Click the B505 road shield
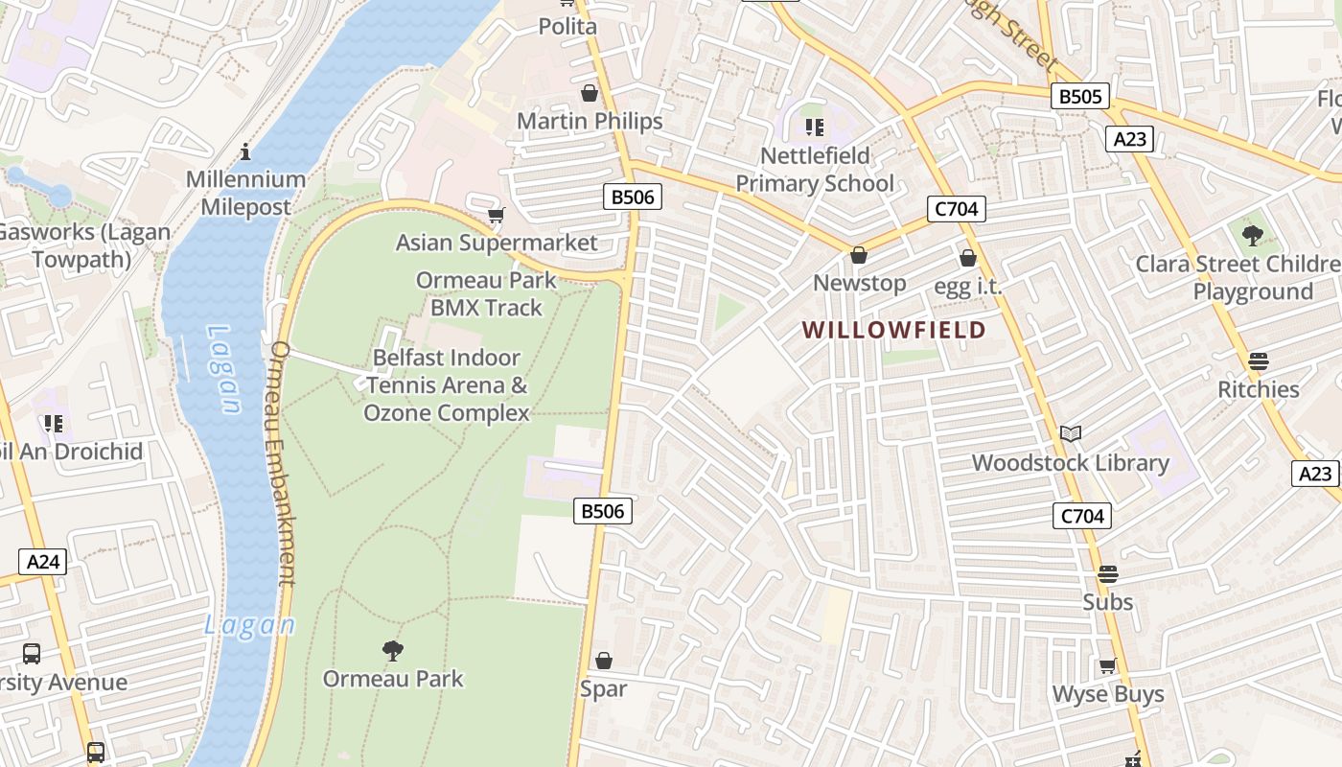point(1080,96)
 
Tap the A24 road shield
point(43,562)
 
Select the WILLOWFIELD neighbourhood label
point(893,330)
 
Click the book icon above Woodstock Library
point(1071,434)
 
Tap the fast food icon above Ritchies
point(1258,361)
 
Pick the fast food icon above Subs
point(1107,574)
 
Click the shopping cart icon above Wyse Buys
point(1107,665)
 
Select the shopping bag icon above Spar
point(604,661)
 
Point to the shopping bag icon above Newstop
point(859,255)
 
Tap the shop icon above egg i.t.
point(968,258)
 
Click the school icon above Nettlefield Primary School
point(815,128)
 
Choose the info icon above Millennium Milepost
point(246,151)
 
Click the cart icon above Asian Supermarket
point(496,215)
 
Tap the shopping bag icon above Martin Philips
point(590,93)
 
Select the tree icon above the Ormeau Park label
point(392,651)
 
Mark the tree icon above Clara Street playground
point(1252,235)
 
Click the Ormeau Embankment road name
point(284,462)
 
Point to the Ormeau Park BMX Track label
point(486,294)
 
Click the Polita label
point(567,26)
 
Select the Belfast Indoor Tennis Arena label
point(447,385)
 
